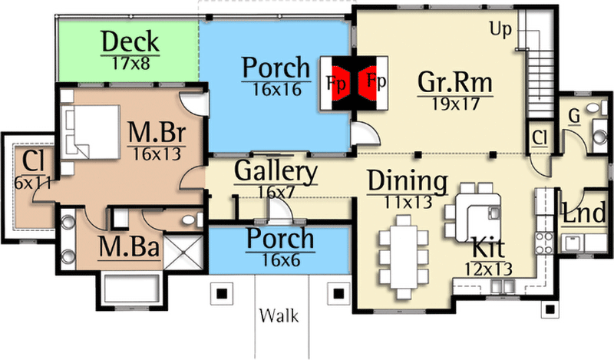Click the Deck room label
[130, 41]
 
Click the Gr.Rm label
[454, 81]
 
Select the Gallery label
[276, 172]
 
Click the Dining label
[407, 182]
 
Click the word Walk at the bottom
[279, 315]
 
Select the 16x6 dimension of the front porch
[279, 259]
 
